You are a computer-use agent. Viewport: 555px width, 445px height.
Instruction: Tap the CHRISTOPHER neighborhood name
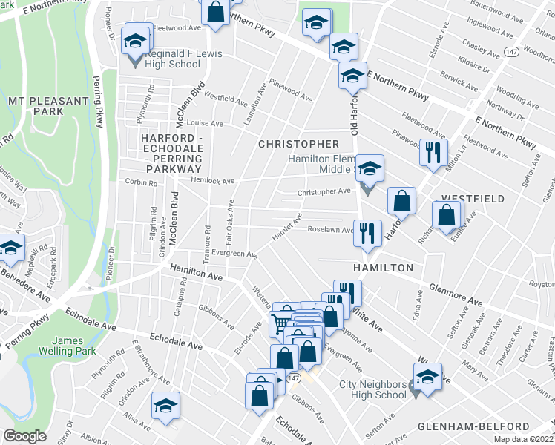(x=298, y=143)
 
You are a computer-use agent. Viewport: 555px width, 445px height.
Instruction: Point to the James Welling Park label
(x=78, y=346)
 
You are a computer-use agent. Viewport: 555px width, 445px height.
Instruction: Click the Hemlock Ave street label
(x=214, y=181)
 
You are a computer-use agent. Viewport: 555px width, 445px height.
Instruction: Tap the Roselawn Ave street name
(x=330, y=229)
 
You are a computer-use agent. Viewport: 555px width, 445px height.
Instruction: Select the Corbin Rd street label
(x=140, y=181)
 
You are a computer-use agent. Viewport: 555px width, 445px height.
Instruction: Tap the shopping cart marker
(x=280, y=321)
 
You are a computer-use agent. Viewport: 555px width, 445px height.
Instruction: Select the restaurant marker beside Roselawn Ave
(x=367, y=233)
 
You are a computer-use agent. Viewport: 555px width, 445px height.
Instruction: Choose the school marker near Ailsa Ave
(x=165, y=406)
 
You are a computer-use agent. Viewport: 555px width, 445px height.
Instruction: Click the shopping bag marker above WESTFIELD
(x=401, y=200)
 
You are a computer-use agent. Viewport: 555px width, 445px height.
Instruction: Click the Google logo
(x=24, y=436)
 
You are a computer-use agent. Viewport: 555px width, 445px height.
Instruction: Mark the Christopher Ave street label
(x=324, y=191)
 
